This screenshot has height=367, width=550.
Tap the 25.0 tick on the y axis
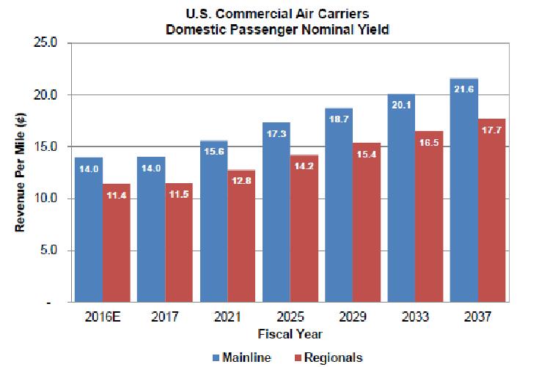pyautogui.click(x=47, y=43)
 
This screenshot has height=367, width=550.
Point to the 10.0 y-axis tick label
pyautogui.click(x=47, y=199)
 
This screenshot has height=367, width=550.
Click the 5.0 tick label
pyautogui.click(x=50, y=251)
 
